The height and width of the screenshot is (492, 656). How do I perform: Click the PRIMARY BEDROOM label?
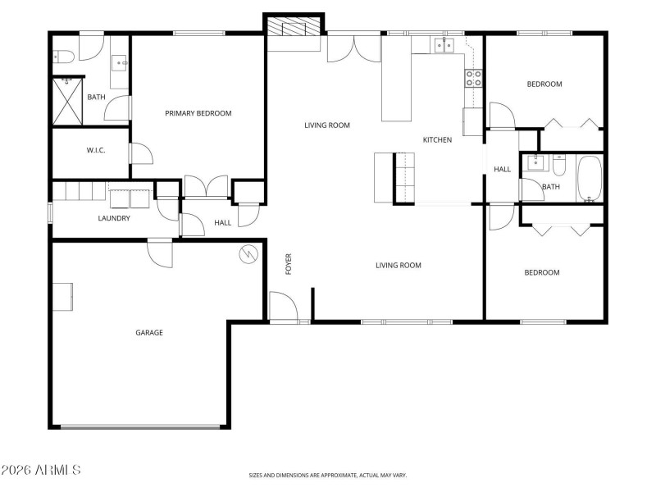pyautogui.click(x=198, y=113)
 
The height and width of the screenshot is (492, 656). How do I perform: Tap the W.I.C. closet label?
pyautogui.click(x=96, y=151)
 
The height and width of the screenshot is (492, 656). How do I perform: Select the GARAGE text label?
pyautogui.click(x=149, y=333)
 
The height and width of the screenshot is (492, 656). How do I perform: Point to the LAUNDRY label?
pyautogui.click(x=114, y=218)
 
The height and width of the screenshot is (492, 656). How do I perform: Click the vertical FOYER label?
pyautogui.click(x=289, y=264)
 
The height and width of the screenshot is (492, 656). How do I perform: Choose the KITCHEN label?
pyautogui.click(x=437, y=140)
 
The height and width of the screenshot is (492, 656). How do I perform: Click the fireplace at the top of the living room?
pyautogui.click(x=294, y=29)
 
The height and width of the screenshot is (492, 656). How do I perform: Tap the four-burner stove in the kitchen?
pyautogui.click(x=473, y=78)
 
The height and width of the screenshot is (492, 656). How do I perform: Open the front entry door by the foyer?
pyautogui.click(x=284, y=307)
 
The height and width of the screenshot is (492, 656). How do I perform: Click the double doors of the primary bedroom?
pyautogui.click(x=206, y=187)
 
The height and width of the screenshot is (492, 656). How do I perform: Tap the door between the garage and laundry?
pyautogui.click(x=160, y=253)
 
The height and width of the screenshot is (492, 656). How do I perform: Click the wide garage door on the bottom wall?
pyautogui.click(x=140, y=426)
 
